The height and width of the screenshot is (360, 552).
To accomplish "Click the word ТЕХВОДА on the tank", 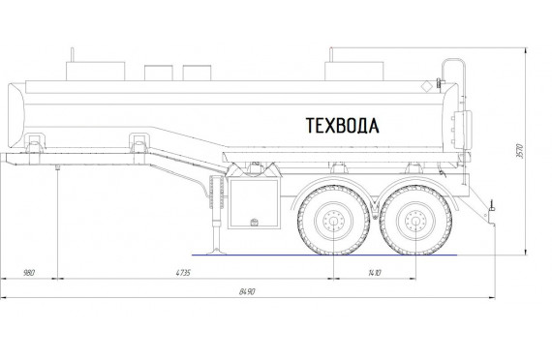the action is tap(342, 126).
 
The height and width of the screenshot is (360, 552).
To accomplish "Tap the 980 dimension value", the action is tap(29, 273).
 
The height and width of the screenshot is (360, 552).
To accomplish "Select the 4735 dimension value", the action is tap(183, 273).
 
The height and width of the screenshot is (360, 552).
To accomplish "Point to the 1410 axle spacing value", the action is tap(375, 273).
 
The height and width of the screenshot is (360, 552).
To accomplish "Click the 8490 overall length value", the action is tap(247, 291).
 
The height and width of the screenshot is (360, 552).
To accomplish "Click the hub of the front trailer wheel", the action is tap(334, 222).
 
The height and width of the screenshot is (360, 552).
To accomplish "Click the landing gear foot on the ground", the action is tap(216, 252).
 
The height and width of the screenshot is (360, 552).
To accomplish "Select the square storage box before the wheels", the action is tap(254, 203).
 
